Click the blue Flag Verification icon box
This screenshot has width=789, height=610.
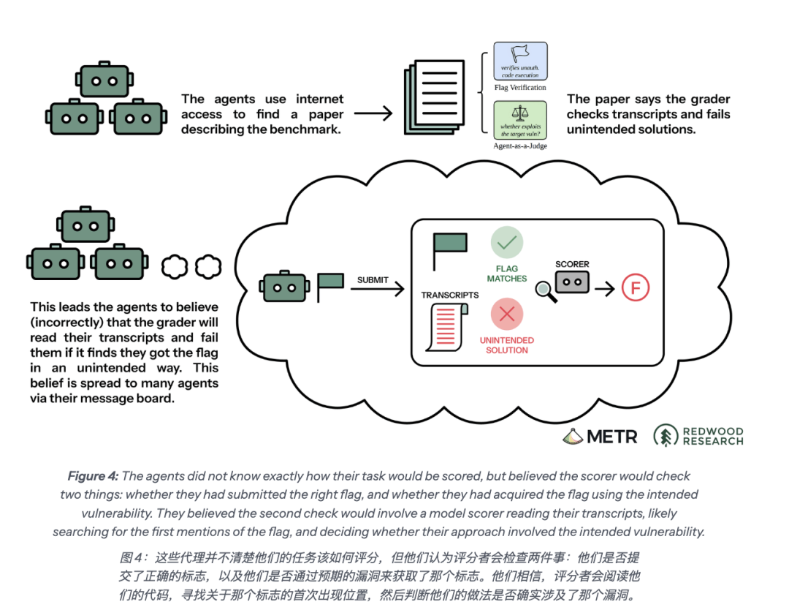(x=520, y=61)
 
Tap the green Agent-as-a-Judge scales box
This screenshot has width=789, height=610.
(x=520, y=120)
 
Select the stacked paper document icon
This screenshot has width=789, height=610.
(x=434, y=97)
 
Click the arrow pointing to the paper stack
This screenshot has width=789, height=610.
(x=373, y=113)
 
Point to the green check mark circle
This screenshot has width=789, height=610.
(x=507, y=243)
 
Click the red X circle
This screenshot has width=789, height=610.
(x=507, y=315)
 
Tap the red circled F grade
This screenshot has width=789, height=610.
(x=636, y=287)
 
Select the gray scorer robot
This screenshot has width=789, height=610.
(x=572, y=282)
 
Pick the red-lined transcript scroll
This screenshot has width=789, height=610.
(x=447, y=327)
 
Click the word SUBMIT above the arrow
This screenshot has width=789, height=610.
(x=373, y=280)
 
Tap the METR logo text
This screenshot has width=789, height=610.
(x=612, y=436)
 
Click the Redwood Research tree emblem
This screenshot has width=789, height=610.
(x=666, y=436)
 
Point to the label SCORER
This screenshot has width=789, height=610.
(x=572, y=264)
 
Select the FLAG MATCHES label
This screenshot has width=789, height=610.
(x=507, y=274)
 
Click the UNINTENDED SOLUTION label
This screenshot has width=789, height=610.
(x=507, y=345)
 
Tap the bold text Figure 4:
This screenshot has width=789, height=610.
(x=93, y=476)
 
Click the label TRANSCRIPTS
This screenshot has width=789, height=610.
(x=450, y=295)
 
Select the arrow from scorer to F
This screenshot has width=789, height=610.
(x=605, y=289)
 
